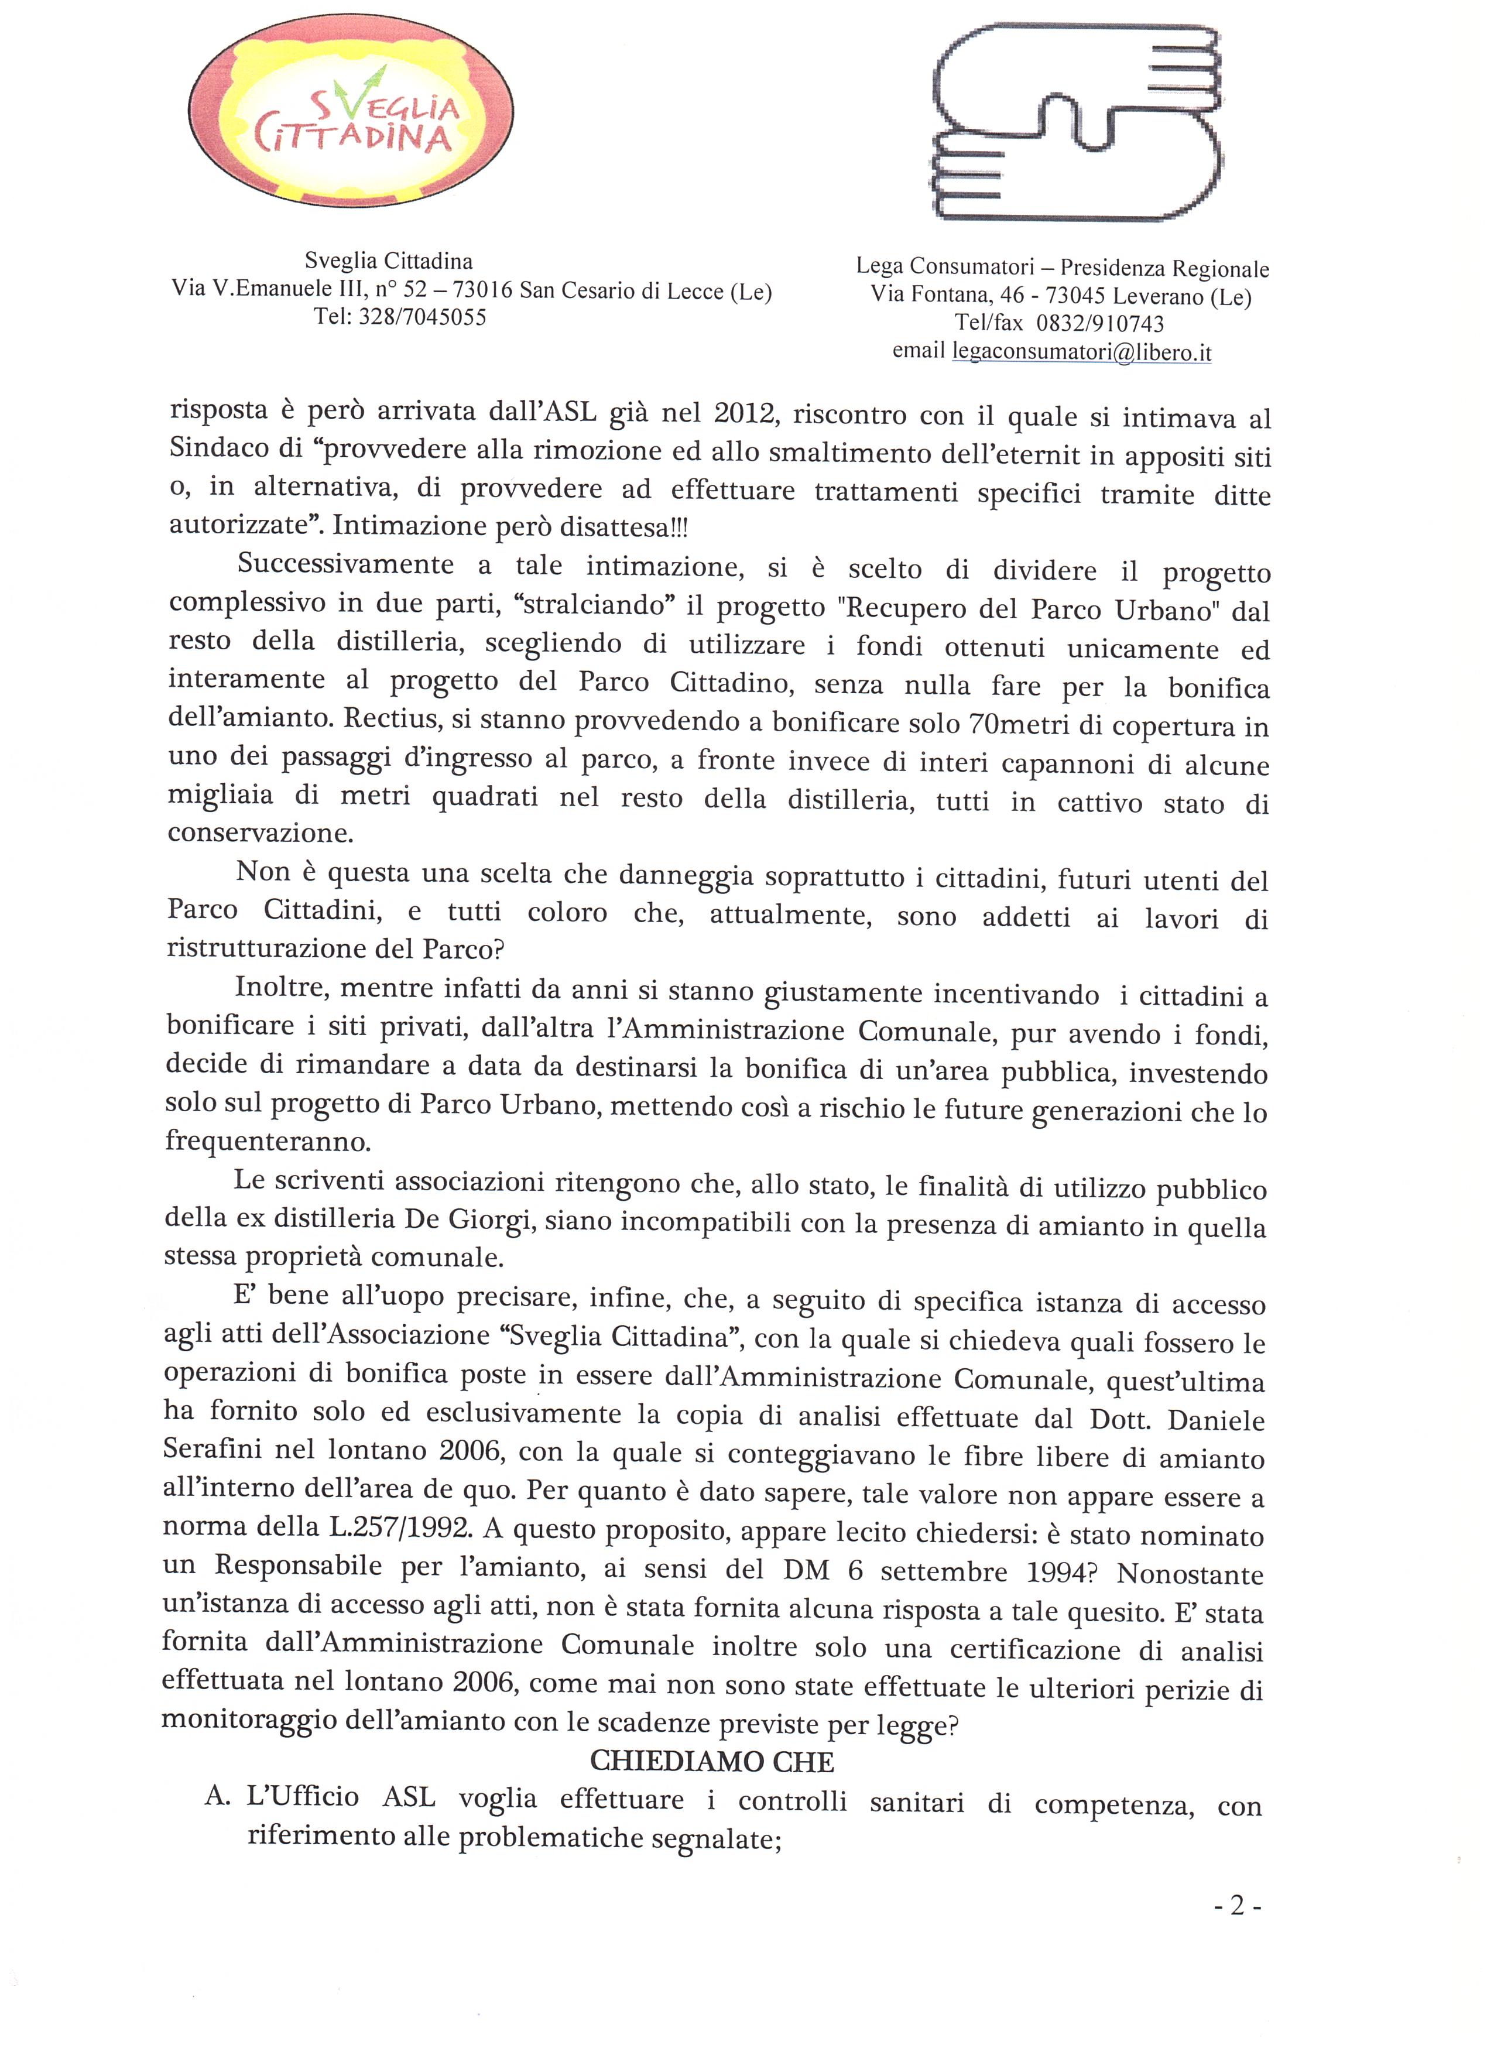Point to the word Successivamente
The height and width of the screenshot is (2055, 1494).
click(x=345, y=564)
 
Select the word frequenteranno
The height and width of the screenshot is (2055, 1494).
click(x=268, y=1140)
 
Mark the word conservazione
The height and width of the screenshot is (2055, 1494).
click(x=261, y=833)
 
